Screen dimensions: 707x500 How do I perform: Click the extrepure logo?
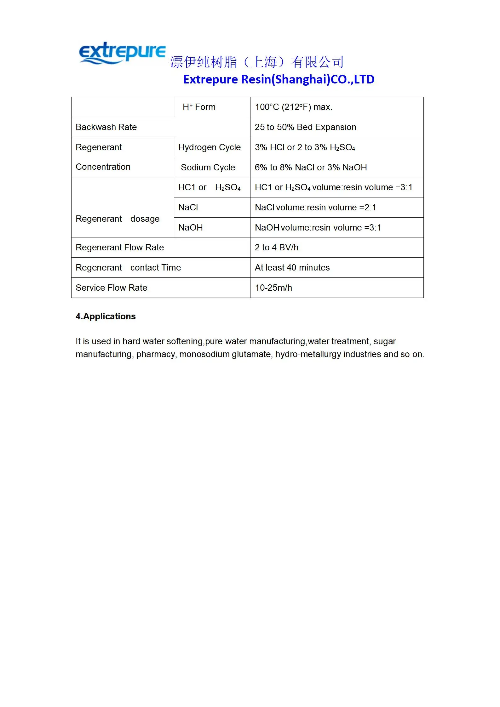coord(122,53)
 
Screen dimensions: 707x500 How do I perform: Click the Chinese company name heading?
coord(257,62)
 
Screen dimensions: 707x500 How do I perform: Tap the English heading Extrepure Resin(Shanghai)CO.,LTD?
coord(279,79)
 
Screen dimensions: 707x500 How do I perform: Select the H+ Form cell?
coord(199,107)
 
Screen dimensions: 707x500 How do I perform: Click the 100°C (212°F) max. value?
coord(293,107)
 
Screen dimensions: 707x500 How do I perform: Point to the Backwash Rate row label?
coord(106,127)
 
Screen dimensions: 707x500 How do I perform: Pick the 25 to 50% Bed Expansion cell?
coord(305,127)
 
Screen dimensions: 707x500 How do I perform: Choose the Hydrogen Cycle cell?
coord(210,147)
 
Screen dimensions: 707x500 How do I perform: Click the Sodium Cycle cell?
coord(208,168)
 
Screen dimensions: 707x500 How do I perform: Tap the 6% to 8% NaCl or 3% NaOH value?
coord(311,168)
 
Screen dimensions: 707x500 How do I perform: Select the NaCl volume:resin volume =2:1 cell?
coord(315,208)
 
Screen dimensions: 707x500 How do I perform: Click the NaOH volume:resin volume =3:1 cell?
coord(318,228)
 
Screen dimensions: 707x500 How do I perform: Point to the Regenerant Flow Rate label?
coord(120,248)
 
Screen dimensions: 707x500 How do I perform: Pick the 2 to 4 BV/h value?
coord(276,248)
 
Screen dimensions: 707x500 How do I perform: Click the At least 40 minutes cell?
coord(292,268)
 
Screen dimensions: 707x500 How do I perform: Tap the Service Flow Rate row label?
coord(111,288)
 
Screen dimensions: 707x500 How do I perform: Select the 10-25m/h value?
coord(273,288)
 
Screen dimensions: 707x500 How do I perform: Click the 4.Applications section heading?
coord(106,316)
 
